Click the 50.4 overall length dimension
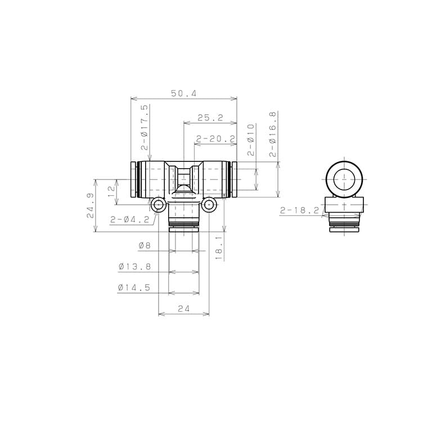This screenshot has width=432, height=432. (x=184, y=93)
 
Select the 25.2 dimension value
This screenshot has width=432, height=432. (x=210, y=118)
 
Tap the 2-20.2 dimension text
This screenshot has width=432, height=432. (x=216, y=139)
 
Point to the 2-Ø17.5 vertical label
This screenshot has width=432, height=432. (x=145, y=127)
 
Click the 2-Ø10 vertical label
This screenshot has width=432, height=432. (x=251, y=140)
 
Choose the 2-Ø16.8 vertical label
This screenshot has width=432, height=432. (x=272, y=134)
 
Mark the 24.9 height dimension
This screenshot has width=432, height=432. (x=91, y=205)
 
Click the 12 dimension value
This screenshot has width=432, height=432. (x=111, y=191)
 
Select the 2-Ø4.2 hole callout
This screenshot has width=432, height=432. (x=130, y=219)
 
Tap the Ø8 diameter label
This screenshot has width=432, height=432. (x=145, y=245)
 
